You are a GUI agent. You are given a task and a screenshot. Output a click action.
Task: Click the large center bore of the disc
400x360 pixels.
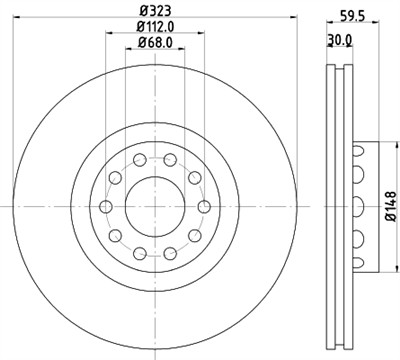pyautogui.click(x=154, y=206)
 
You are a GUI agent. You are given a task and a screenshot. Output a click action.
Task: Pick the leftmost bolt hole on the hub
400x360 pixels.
pyautogui.click(x=106, y=206)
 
